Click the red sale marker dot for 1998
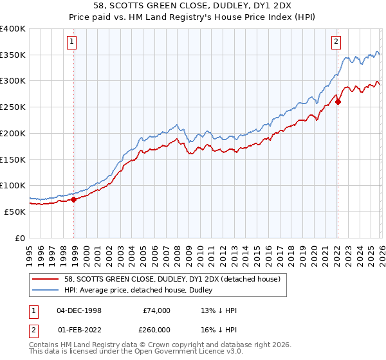74,199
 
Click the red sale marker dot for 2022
338,102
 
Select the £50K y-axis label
15,212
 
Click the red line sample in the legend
46,280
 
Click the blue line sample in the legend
46,291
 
